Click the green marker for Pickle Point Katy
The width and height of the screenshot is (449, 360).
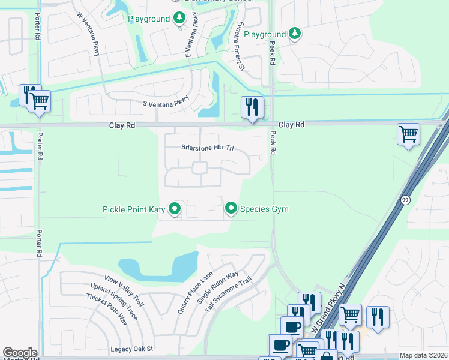point(175,209)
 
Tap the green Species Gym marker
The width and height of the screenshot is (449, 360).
point(231,208)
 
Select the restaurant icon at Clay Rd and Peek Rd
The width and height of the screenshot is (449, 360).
point(252,108)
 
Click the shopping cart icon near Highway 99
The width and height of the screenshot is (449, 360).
point(409,134)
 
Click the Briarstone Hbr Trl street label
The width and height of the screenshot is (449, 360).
point(207,147)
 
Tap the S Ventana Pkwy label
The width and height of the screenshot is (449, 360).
point(166,101)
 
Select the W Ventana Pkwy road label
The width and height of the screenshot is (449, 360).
point(88,35)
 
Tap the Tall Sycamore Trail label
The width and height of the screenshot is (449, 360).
point(228,295)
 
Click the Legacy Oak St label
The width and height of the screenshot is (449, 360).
point(132,349)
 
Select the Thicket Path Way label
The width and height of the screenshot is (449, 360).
point(106,310)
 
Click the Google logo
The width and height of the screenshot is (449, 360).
point(20,353)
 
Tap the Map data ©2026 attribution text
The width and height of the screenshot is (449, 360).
point(423,355)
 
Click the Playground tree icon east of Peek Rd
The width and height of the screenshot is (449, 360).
point(294,34)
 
